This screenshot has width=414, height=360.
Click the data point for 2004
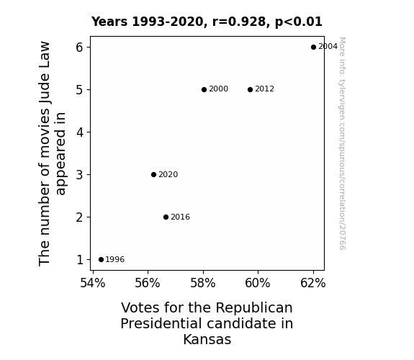[x=313, y=47]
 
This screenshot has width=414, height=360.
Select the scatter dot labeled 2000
[x=204, y=89]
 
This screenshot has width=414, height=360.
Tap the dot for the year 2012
[x=250, y=89]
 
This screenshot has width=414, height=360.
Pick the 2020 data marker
[x=153, y=174]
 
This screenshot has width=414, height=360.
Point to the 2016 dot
[x=166, y=217]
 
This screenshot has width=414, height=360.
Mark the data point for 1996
[x=101, y=259]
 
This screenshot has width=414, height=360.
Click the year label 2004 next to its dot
[x=328, y=47]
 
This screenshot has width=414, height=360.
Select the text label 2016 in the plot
[x=180, y=217]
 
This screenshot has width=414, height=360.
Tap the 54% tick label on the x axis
[x=92, y=283]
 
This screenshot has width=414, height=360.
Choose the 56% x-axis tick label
[x=148, y=283]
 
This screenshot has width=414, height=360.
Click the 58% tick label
[x=203, y=283]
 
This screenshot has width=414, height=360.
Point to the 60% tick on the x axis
[x=258, y=283]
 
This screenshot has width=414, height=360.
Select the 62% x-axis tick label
[x=313, y=283]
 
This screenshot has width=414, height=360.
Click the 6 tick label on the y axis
[x=79, y=48]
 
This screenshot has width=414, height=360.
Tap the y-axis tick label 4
[x=79, y=132]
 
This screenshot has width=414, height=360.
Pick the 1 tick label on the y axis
[x=80, y=260]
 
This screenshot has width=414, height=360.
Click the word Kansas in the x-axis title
[x=207, y=339]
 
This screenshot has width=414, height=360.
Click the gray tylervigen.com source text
[x=342, y=143]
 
